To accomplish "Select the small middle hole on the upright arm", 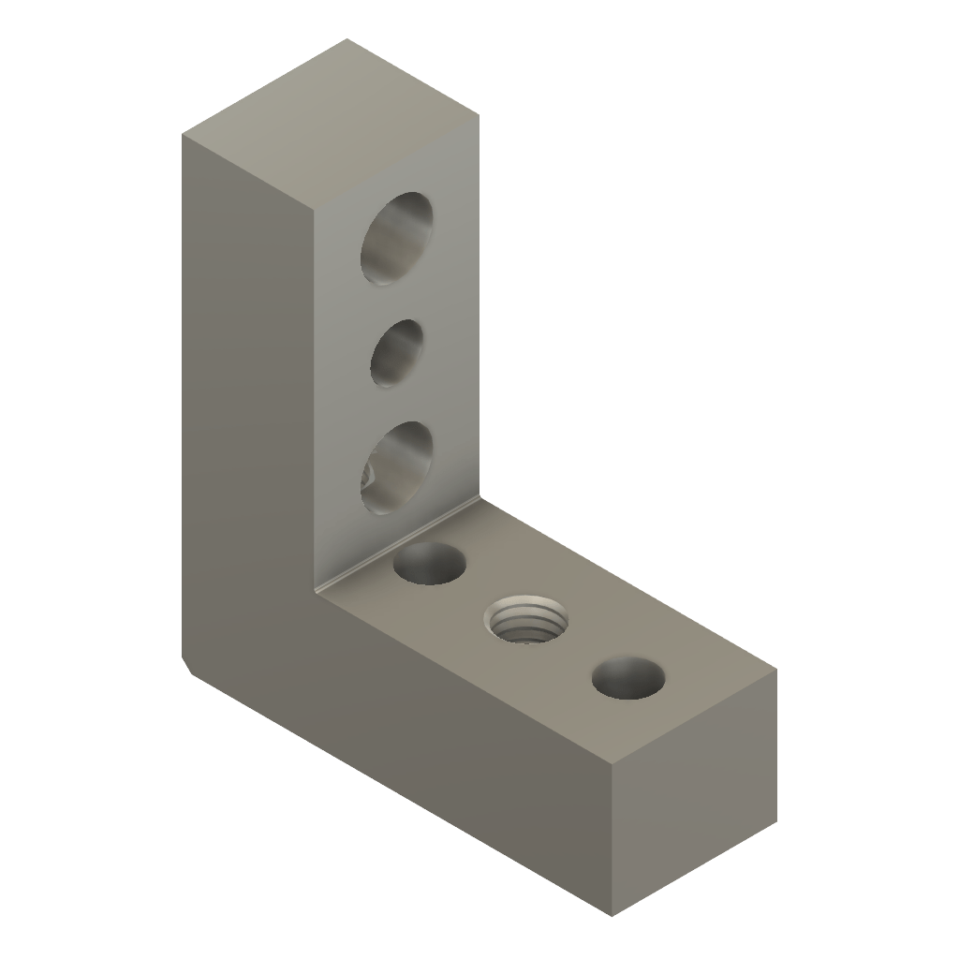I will point(396,353).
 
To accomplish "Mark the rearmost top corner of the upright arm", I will point(347,39).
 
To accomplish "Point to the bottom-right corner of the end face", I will point(776,824).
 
